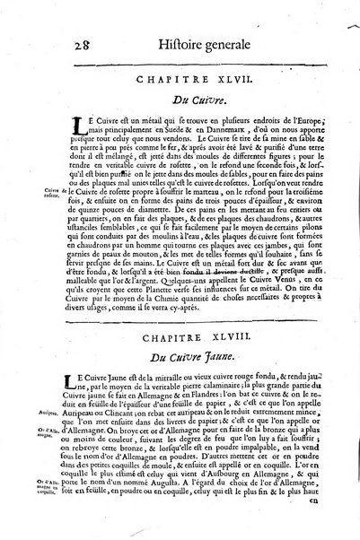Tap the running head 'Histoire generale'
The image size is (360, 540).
[185, 33]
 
